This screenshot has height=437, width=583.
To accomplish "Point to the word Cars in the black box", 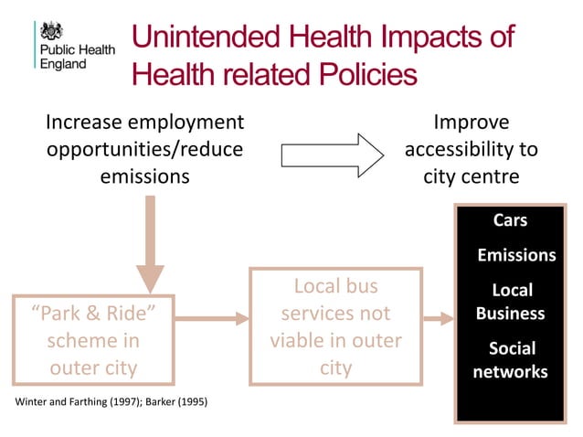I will tap(511, 221).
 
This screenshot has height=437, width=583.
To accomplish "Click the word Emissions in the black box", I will tap(516, 255).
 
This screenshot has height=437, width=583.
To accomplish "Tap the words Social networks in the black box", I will tap(511, 360).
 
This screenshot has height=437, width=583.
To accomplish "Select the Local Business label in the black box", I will tap(511, 302).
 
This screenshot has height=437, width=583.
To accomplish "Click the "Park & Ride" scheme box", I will tap(92, 340).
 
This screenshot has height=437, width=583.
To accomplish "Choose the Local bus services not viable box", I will tap(335, 326).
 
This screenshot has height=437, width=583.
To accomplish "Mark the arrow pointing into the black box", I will tap(440, 318).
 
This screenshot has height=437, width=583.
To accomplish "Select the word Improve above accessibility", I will tap(471, 123).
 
